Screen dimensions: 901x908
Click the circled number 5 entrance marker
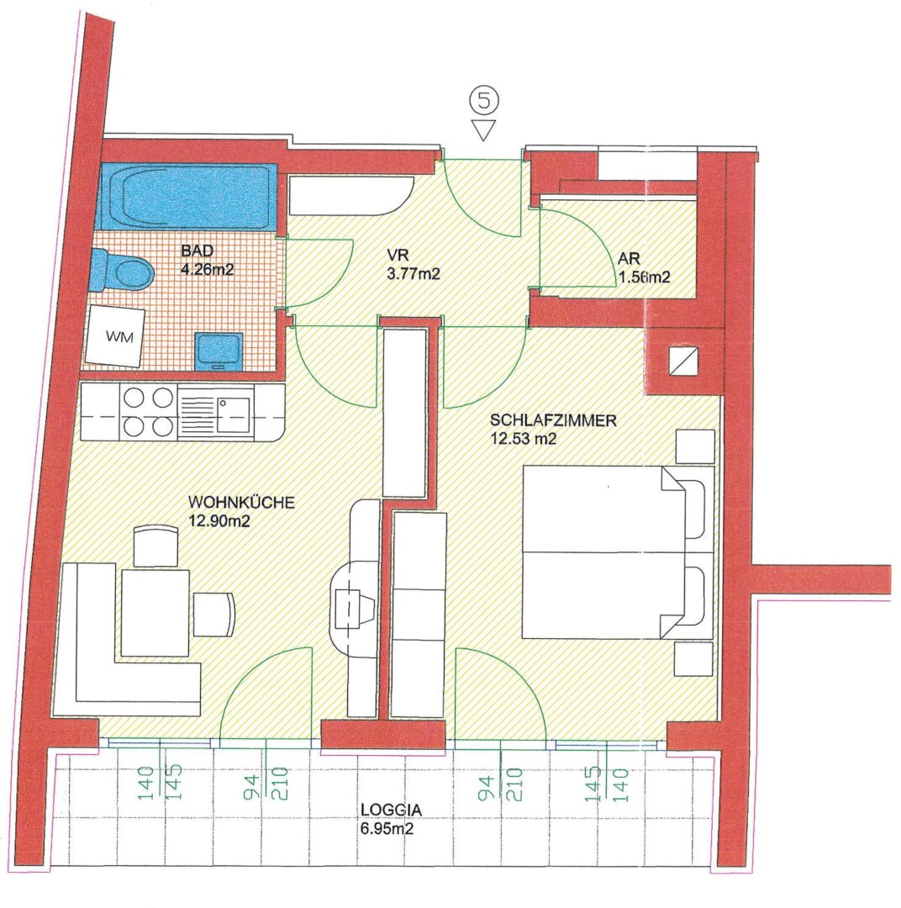483,100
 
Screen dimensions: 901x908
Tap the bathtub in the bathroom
187,197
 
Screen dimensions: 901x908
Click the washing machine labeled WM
116,335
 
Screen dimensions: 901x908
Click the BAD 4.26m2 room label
207,260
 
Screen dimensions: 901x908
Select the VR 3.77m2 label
413,265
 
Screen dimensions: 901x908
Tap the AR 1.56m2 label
644,267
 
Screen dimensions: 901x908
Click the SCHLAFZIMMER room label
553,420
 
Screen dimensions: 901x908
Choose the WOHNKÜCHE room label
241,502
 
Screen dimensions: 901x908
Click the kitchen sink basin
234,411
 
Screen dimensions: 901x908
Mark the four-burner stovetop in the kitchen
149,412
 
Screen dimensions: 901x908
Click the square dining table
155,613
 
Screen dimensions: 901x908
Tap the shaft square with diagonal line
682,362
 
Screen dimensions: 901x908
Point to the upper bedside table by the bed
695,446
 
